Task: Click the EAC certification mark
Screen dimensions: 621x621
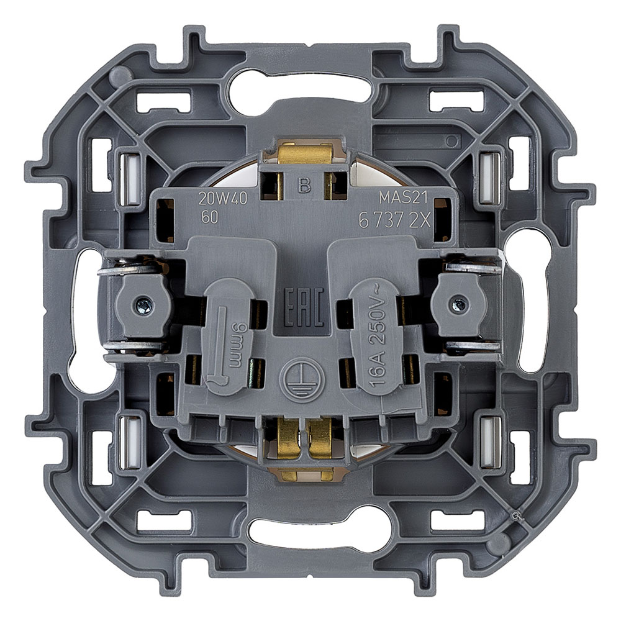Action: pyautogui.click(x=304, y=307)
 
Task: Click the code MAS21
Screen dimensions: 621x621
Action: pyautogui.click(x=404, y=197)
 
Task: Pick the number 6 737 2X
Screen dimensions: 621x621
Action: pyautogui.click(x=394, y=220)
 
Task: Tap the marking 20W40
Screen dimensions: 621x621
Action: pyautogui.click(x=222, y=199)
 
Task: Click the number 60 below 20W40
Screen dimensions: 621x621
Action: pyautogui.click(x=210, y=217)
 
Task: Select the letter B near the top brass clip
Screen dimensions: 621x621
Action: pyautogui.click(x=304, y=185)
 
